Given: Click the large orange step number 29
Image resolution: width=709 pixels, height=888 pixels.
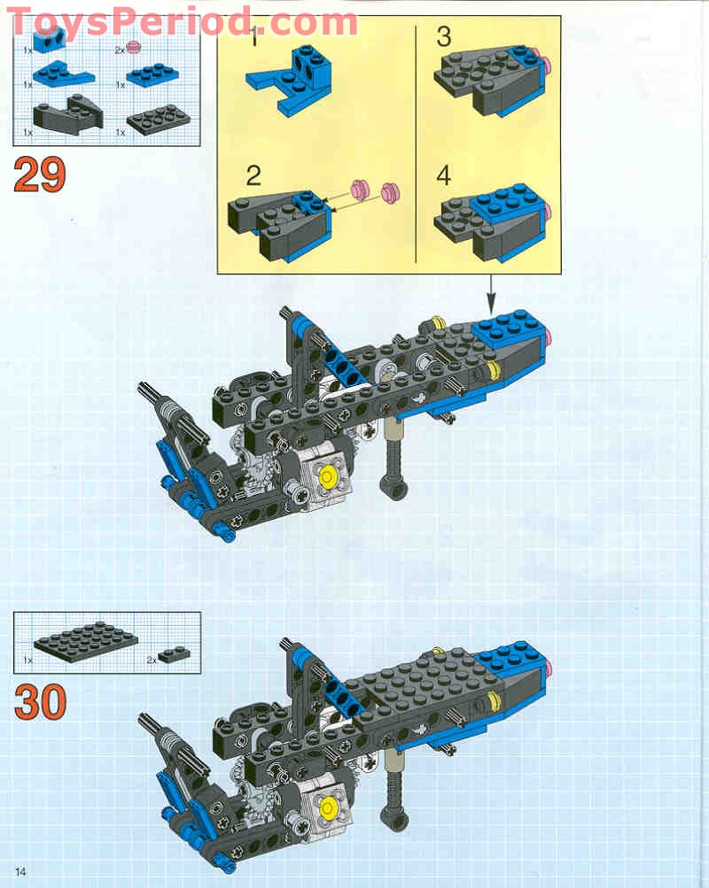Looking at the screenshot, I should click(x=39, y=174).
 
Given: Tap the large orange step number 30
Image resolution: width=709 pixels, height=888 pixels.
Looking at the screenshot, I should click(x=40, y=702).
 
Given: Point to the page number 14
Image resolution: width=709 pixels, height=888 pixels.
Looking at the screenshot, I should click(x=20, y=871).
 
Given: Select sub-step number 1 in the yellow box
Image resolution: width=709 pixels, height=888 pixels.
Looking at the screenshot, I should click(x=254, y=39).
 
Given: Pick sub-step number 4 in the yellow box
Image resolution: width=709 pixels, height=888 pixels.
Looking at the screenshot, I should click(x=443, y=174).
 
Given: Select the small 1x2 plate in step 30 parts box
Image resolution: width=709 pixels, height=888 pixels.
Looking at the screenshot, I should click(x=175, y=653).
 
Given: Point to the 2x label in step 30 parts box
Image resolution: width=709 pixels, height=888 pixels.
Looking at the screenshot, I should click(x=152, y=660).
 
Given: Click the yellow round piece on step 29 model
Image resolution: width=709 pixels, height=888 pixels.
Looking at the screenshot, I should click(x=327, y=476).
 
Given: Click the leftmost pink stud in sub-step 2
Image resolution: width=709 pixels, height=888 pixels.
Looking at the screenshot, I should click(x=360, y=188).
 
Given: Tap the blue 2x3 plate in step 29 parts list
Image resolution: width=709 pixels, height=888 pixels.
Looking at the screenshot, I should click(x=154, y=73).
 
